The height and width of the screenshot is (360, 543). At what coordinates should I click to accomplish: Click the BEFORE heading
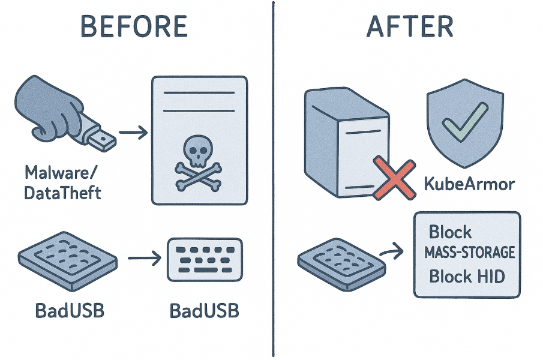click(x=134, y=27)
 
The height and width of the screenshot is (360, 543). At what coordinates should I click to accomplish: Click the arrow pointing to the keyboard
click(x=143, y=259)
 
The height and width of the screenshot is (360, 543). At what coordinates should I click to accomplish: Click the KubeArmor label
click(x=469, y=183)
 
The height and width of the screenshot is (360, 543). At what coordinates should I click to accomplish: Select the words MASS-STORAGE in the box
click(x=470, y=253)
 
